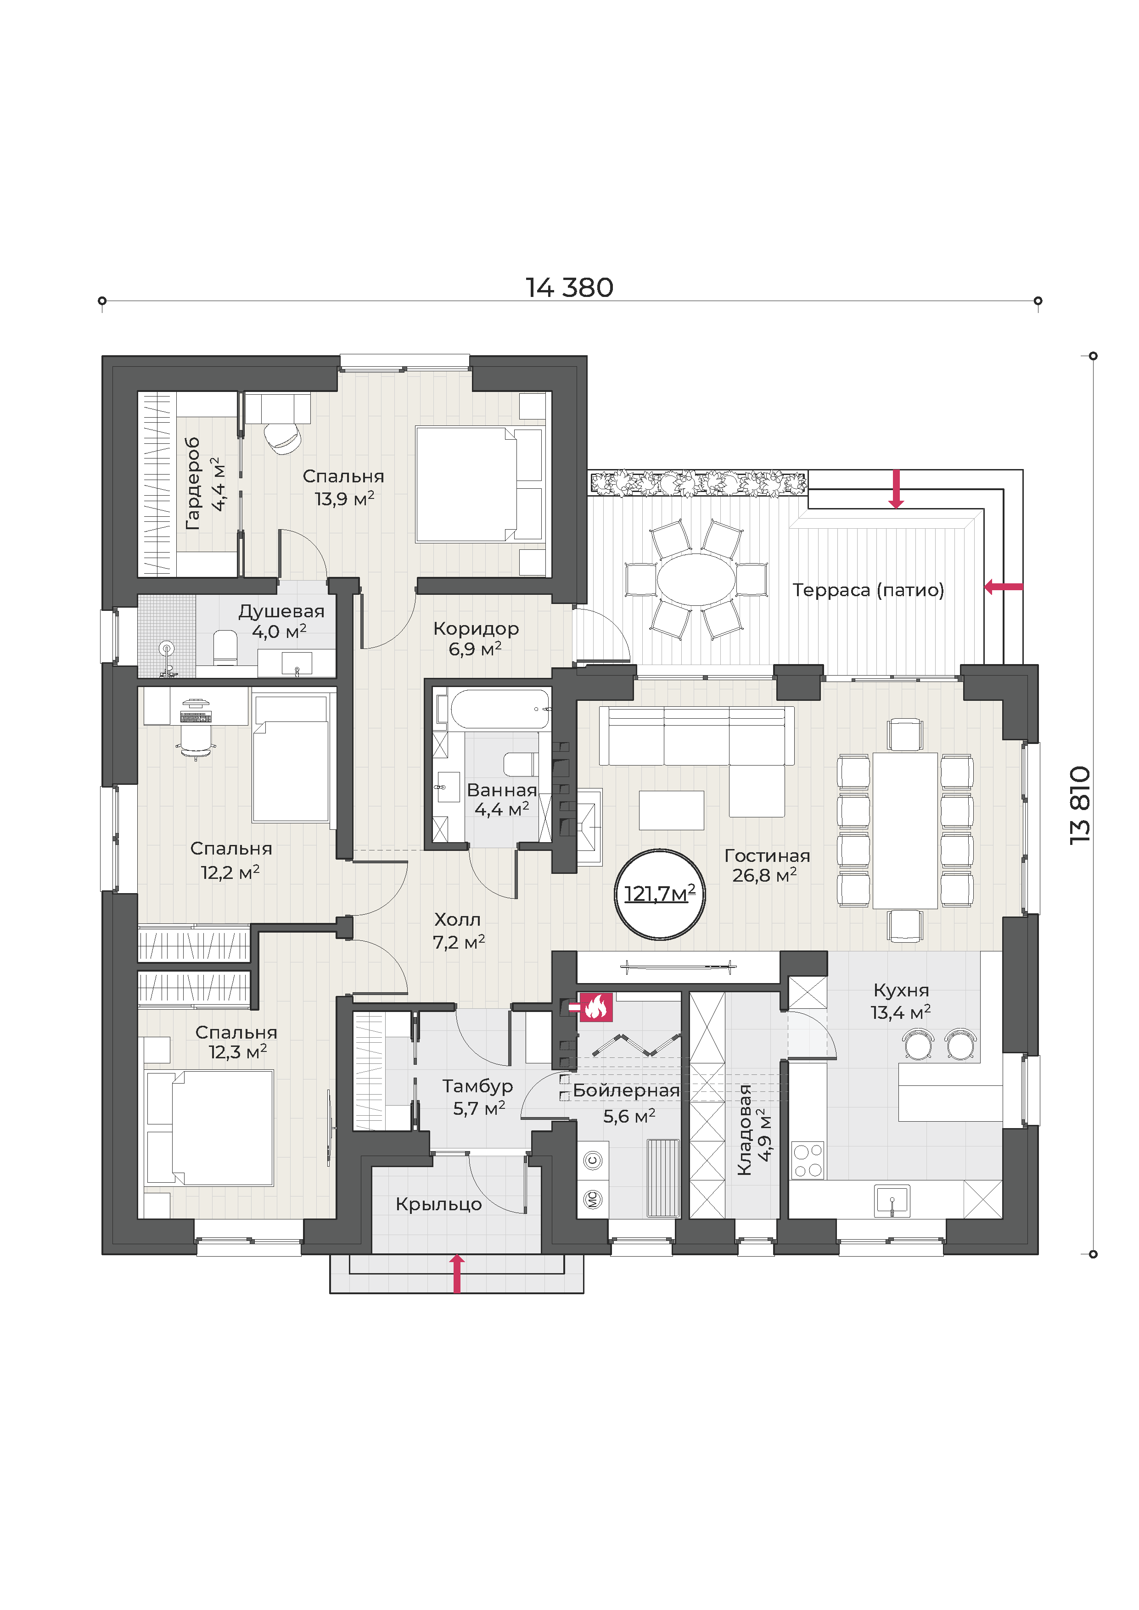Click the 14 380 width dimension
click(x=569, y=287)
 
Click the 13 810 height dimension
click(x=1081, y=805)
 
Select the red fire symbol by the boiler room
click(x=595, y=1008)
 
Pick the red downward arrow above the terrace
click(x=896, y=489)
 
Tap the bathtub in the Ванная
click(x=500, y=709)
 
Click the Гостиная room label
click(x=767, y=855)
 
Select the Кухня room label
click(x=901, y=990)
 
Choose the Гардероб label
click(x=192, y=483)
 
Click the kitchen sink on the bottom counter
click(x=892, y=1201)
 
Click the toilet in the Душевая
click(x=225, y=647)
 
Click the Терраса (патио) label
click(x=868, y=590)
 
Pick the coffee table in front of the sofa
click(x=671, y=811)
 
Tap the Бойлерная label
click(x=626, y=1090)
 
